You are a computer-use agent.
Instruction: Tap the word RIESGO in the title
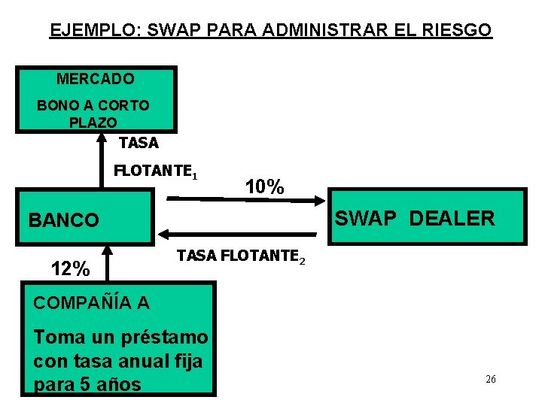456,31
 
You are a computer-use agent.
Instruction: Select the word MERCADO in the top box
95,79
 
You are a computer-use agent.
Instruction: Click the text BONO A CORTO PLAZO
93,114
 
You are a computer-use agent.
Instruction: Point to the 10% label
265,187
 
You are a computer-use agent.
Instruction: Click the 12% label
70,268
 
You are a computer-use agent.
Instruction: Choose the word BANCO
63,220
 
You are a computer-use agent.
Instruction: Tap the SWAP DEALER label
415,219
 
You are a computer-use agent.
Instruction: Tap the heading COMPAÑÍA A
91,303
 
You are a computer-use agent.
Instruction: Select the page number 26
491,379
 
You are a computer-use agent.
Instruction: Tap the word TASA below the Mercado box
139,143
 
